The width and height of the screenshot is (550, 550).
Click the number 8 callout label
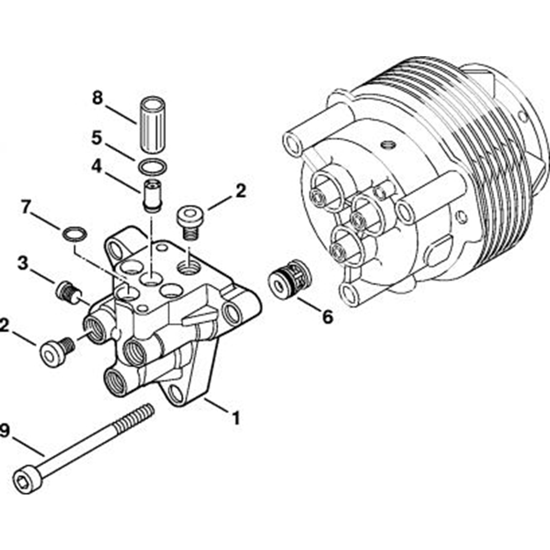pos(97,99)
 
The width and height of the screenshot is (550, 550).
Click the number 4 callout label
pos(97,167)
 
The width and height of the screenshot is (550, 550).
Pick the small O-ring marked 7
pos(74,234)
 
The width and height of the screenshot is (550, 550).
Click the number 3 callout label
pos(23,263)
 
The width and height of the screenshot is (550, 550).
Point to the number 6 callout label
pos(327,317)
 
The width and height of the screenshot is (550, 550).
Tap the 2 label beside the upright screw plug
pos(240,191)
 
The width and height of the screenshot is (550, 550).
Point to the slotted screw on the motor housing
pos(388,145)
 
